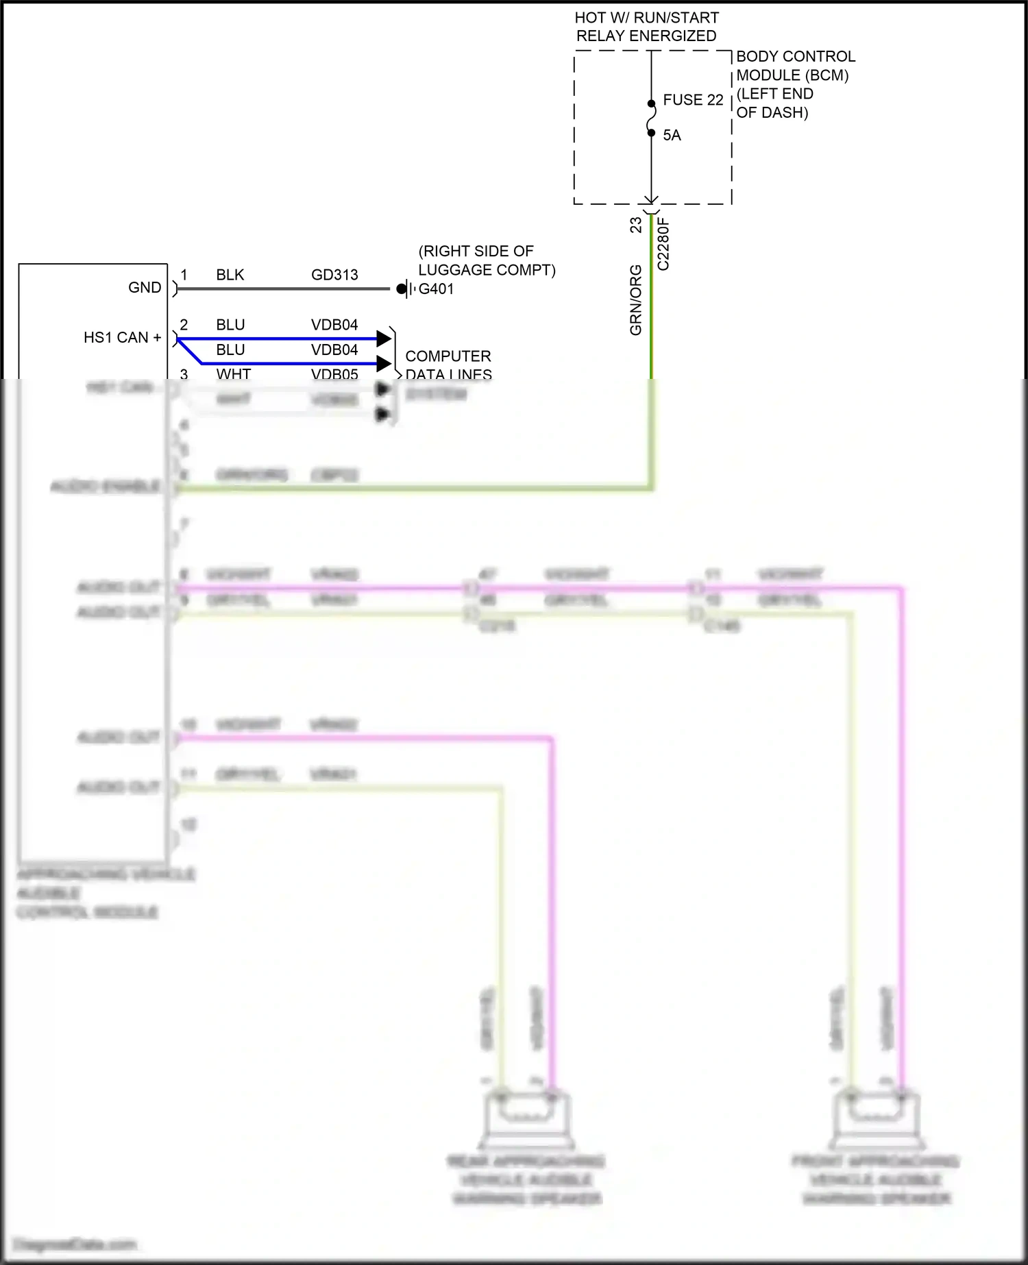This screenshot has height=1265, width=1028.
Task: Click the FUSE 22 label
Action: click(693, 100)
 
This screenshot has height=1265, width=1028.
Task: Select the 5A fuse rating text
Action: click(672, 136)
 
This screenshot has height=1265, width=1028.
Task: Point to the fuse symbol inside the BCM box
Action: click(651, 118)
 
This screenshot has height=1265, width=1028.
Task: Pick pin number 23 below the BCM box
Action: click(636, 225)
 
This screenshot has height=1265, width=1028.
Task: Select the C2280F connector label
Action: click(663, 244)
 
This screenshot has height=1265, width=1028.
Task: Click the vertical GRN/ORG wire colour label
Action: click(636, 300)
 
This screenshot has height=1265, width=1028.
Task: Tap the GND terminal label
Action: click(145, 288)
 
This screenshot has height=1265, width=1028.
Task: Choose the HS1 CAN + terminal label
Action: click(122, 338)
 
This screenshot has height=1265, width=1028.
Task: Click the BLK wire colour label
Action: click(230, 275)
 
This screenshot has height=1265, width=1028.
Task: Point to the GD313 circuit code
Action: click(334, 275)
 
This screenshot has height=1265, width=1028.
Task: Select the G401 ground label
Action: click(437, 289)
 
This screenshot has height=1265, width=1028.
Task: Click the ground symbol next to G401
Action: click(406, 289)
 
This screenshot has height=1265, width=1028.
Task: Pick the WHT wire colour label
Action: click(234, 374)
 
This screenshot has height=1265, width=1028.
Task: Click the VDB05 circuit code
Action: click(334, 374)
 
